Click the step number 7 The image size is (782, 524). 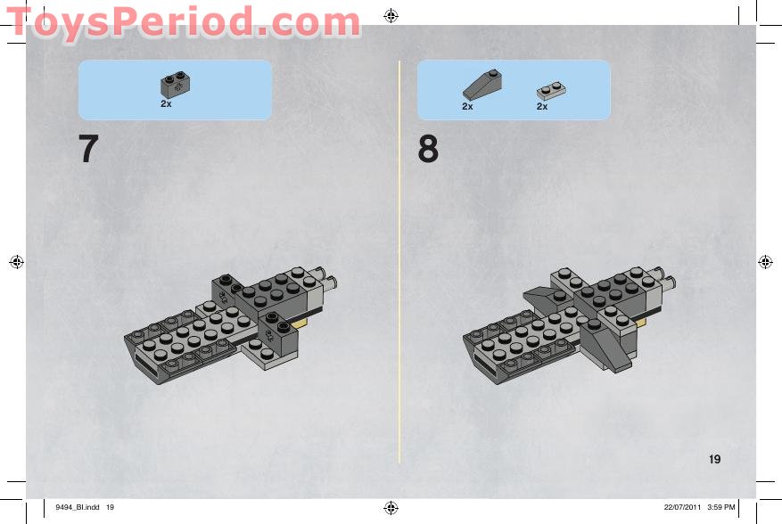click(x=88, y=149)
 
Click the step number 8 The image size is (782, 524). click(x=428, y=149)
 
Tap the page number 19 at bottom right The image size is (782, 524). click(x=714, y=459)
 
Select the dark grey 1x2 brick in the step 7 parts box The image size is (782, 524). click(x=175, y=85)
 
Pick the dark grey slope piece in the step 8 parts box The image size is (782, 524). click(x=482, y=85)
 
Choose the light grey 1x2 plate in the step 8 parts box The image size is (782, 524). click(x=551, y=91)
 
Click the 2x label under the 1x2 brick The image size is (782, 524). click(x=166, y=103)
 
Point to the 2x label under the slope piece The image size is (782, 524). click(x=467, y=106)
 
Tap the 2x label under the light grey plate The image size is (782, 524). click(x=542, y=106)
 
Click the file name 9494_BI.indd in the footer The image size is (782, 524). click(x=78, y=507)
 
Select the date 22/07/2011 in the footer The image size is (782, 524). click(x=682, y=507)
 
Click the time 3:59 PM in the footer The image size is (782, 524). click(x=721, y=507)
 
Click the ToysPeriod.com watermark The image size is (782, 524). click(x=184, y=22)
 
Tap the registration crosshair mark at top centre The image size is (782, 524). click(x=391, y=16)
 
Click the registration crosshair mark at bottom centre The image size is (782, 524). click(x=391, y=508)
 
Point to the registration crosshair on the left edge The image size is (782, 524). click(x=16, y=262)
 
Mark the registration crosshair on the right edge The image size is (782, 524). click(x=765, y=262)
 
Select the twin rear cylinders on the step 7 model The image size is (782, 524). click(x=325, y=279)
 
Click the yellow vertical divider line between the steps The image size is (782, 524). click(x=399, y=262)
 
